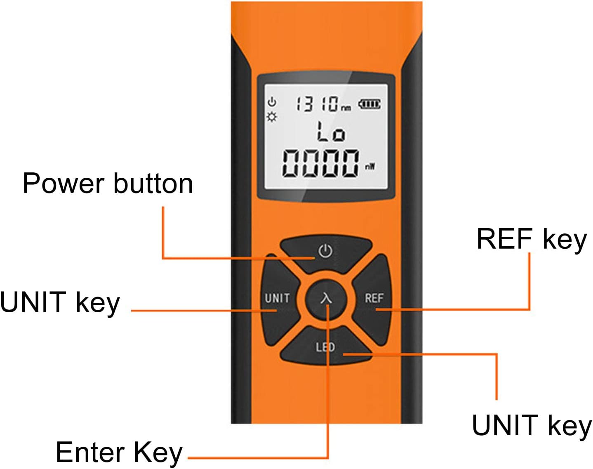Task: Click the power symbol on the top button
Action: tap(325, 251)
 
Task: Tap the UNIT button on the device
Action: tap(277, 298)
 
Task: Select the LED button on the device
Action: tap(325, 347)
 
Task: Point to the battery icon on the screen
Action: tap(369, 104)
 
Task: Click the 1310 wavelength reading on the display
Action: tap(317, 104)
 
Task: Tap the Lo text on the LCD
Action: tap(330, 133)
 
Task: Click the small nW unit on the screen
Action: tap(369, 167)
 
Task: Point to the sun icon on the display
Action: tap(271, 117)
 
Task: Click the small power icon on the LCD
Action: tap(271, 101)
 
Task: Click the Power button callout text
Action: tap(108, 184)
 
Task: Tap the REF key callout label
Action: tap(531, 239)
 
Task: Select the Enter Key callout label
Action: tap(119, 453)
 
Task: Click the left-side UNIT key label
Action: tap(60, 302)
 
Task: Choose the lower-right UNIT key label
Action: tap(532, 425)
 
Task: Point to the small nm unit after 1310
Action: tap(346, 108)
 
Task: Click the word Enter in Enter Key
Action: tap(90, 452)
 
